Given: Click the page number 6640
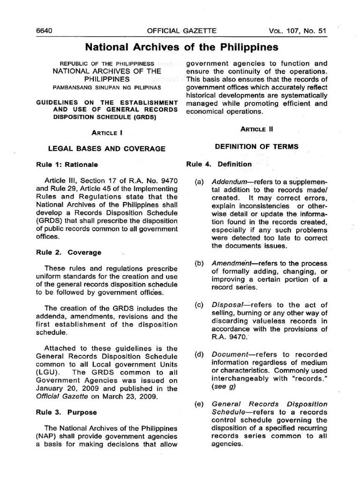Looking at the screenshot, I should tap(44, 31).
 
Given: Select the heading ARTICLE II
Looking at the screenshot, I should tap(256, 129).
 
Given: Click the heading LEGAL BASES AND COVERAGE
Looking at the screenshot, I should tap(107, 149).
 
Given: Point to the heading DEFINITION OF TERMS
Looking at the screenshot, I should tap(256, 147).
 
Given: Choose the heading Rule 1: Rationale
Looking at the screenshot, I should tap(67, 165).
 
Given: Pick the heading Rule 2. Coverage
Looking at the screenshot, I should tap(68, 252).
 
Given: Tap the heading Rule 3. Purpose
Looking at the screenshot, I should tap(67, 412).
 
